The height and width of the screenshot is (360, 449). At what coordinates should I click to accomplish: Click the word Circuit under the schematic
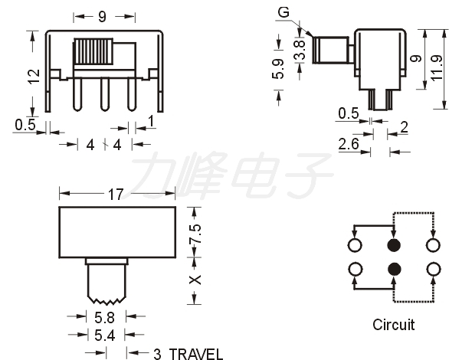pyautogui.click(x=393, y=325)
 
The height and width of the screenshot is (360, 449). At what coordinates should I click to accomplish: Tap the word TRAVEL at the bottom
pyautogui.click(x=196, y=355)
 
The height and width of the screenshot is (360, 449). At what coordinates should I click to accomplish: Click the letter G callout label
pyautogui.click(x=283, y=12)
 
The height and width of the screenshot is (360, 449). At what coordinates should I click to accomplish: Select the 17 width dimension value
pyautogui.click(x=116, y=195)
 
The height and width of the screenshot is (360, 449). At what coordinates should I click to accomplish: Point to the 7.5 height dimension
pyautogui.click(x=195, y=234)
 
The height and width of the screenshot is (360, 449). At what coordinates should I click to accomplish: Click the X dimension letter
pyautogui.click(x=195, y=280)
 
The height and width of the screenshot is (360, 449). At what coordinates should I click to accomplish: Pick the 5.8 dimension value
pyautogui.click(x=104, y=318)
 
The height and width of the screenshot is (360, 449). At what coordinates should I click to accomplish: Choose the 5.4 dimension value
pyautogui.click(x=104, y=335)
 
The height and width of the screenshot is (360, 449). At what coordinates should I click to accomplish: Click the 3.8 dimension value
pyautogui.click(x=300, y=50)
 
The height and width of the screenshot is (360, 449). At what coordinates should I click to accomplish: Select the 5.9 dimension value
pyautogui.click(x=277, y=69)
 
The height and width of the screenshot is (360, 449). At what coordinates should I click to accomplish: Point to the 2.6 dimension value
pyautogui.click(x=348, y=144)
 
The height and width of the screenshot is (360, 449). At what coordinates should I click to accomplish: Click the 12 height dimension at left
pyautogui.click(x=34, y=77)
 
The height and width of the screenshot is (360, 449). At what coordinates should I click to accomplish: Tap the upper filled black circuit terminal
pyautogui.click(x=394, y=245)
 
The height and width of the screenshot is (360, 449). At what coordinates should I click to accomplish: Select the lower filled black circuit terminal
pyautogui.click(x=394, y=269)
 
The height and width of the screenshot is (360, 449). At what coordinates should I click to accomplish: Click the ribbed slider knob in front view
pyautogui.click(x=93, y=52)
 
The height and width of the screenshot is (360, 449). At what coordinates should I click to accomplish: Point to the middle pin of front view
pyautogui.click(x=104, y=94)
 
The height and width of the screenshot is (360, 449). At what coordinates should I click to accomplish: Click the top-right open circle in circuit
pyautogui.click(x=433, y=245)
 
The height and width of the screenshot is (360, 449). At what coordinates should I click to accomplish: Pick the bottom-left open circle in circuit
pyautogui.click(x=356, y=270)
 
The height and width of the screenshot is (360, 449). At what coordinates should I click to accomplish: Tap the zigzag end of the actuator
pyautogui.click(x=107, y=300)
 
